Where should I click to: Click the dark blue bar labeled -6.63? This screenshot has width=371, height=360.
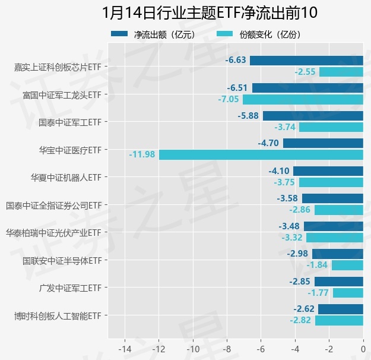[306, 60]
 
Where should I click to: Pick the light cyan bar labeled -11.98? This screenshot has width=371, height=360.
[261, 154]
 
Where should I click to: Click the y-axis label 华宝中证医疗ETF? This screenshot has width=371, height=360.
[70, 150]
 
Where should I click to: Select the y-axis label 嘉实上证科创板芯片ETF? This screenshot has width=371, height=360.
[58, 67]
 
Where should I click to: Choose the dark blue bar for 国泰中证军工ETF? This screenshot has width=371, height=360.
[313, 116]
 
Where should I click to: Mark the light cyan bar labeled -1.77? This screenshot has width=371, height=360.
[348, 292]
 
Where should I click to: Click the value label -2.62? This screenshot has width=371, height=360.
[304, 309]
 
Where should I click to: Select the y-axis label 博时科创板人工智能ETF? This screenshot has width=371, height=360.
[58, 315]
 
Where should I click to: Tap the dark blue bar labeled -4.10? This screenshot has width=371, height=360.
[328, 171]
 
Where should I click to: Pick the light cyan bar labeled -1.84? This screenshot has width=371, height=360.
[347, 265]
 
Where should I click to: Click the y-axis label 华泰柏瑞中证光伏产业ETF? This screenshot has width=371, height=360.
[53, 233]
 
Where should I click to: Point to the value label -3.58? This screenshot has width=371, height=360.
[287, 198]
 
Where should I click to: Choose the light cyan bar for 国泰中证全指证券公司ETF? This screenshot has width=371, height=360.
[339, 210]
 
